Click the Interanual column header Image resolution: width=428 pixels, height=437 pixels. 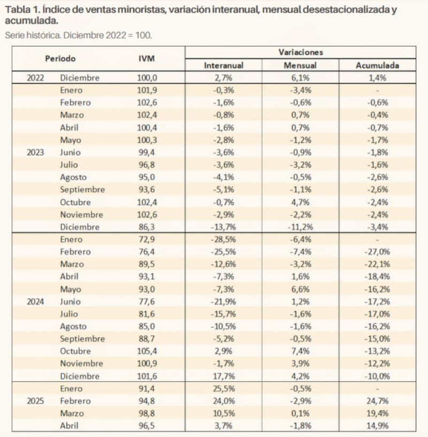coord(224,65)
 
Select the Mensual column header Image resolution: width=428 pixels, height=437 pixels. coord(300,65)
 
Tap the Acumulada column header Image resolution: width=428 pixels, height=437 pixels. coord(377,65)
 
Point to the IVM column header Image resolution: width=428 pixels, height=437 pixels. coord(147,58)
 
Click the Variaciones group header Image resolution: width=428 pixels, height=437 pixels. coord(301,52)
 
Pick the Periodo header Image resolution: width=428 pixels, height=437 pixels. coord(60,58)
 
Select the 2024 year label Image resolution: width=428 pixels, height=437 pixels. coord(35,302)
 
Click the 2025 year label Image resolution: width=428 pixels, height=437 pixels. coord(35,401)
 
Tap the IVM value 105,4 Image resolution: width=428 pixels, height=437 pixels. coord(147,351)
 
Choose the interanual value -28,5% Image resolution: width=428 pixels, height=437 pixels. coord(223,239)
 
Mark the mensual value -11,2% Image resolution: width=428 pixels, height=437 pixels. coord(300,227)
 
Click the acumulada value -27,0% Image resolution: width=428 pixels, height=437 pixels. coord(377,252)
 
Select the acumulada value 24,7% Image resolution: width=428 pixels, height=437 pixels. coord(378,401)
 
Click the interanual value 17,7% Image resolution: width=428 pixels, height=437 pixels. coord(224,376)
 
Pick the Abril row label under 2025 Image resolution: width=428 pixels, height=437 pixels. coord(70,426)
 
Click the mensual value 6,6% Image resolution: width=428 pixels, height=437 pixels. coord(301,289)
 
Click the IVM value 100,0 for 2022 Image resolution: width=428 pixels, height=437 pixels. coord(147,78)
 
